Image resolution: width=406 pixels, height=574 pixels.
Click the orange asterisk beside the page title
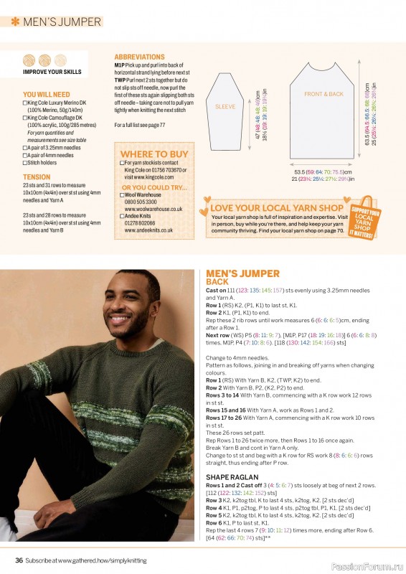pyautogui.click(x=14, y=22)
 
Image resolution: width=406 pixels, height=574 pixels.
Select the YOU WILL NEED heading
pyautogui.click(x=47, y=94)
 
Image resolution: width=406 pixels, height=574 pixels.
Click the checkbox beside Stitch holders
pyautogui.click(x=25, y=163)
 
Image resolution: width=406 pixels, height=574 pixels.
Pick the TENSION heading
pyautogui.click(x=37, y=177)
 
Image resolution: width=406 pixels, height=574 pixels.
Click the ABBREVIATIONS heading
pyautogui.click(x=139, y=57)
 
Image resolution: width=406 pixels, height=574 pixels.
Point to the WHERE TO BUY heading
pyautogui.click(x=154, y=154)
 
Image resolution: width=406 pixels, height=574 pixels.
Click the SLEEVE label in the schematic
pyautogui.click(x=225, y=106)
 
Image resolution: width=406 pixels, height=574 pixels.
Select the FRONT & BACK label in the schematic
pyautogui.click(x=324, y=94)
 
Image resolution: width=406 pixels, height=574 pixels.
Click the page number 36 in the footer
pyautogui.click(x=19, y=560)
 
